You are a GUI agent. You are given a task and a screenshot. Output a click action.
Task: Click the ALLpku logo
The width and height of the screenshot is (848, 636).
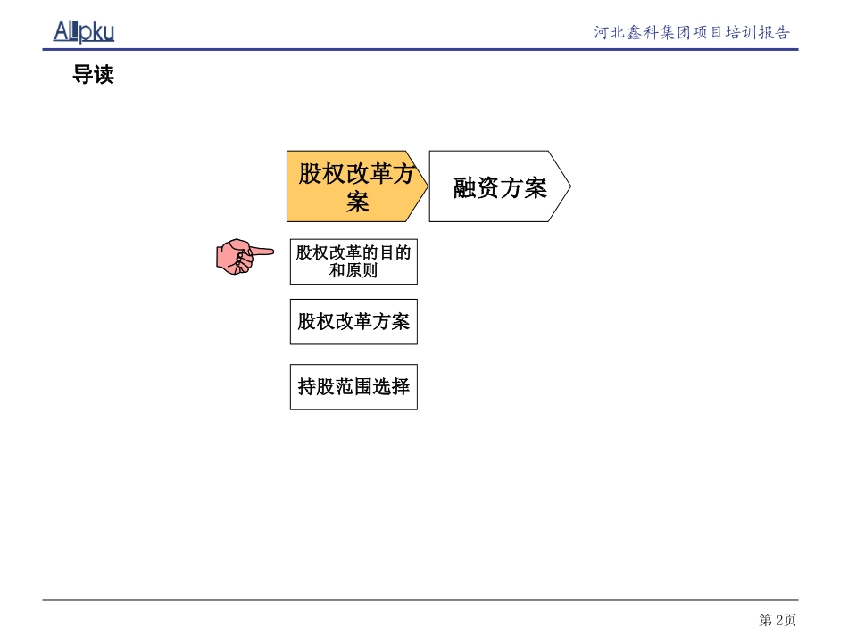pos(84,32)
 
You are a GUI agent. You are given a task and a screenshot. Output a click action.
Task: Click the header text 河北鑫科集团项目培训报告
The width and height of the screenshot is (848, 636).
pos(692,33)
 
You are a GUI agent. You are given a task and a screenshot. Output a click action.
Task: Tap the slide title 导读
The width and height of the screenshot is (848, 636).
pos(93,76)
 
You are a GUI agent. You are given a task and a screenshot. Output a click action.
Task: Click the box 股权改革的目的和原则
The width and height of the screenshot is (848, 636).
pos(353,260)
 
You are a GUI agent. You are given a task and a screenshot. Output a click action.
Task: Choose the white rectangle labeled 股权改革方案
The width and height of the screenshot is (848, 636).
pos(353,321)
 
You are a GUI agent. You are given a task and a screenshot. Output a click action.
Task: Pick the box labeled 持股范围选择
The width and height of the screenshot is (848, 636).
pos(353,386)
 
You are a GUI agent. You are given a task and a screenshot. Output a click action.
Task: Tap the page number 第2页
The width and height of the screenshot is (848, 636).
pos(777,620)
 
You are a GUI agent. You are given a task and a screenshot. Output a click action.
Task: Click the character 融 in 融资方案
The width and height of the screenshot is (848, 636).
pos(465,187)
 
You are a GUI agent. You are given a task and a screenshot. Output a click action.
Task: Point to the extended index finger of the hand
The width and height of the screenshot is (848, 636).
pos(262,252)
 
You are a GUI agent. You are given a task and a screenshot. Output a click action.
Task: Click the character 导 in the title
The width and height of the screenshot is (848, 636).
pos(82,76)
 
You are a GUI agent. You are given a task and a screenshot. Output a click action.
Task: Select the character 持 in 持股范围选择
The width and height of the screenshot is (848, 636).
pos(307,386)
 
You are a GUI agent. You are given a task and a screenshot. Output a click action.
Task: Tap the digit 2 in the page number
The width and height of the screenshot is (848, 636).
pos(778,620)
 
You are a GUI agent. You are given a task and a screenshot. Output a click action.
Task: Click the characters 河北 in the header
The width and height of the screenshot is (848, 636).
pos(611,33)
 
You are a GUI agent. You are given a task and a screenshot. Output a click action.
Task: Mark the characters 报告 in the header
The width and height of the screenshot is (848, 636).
pos(773,33)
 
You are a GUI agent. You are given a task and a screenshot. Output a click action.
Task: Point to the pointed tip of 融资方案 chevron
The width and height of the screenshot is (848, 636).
pos(569,186)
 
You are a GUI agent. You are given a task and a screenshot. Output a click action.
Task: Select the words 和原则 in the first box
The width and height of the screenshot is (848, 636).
pos(353,270)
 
